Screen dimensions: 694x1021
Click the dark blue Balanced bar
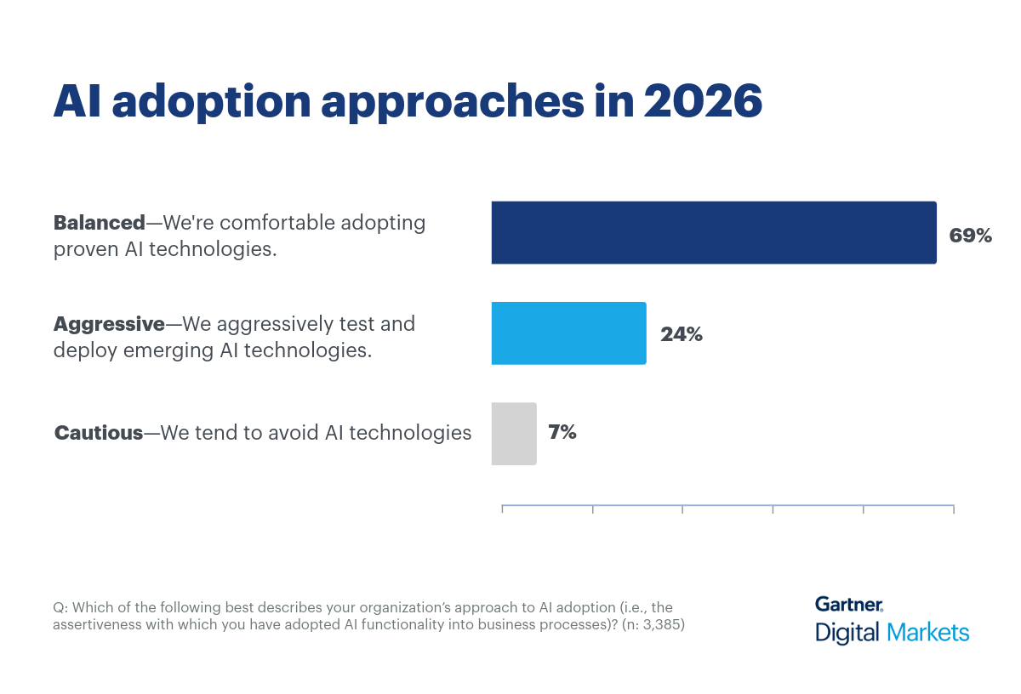click(x=713, y=232)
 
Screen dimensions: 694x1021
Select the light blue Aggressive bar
click(x=568, y=333)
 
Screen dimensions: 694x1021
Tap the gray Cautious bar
click(x=514, y=434)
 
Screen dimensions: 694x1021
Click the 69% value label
click(x=971, y=236)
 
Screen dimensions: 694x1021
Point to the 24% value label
click(x=682, y=334)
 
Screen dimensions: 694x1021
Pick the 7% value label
click(x=562, y=432)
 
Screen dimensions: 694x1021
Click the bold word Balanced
click(x=99, y=223)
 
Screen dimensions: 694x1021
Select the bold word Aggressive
click(x=109, y=324)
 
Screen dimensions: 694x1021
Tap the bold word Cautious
click(x=99, y=433)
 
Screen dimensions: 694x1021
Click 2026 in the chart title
click(x=703, y=102)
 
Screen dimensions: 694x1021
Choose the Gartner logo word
click(x=848, y=604)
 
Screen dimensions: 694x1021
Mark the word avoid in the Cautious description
click(x=294, y=433)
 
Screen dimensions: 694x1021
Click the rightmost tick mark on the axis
click(x=954, y=509)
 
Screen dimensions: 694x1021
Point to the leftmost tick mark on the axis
click(x=502, y=509)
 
